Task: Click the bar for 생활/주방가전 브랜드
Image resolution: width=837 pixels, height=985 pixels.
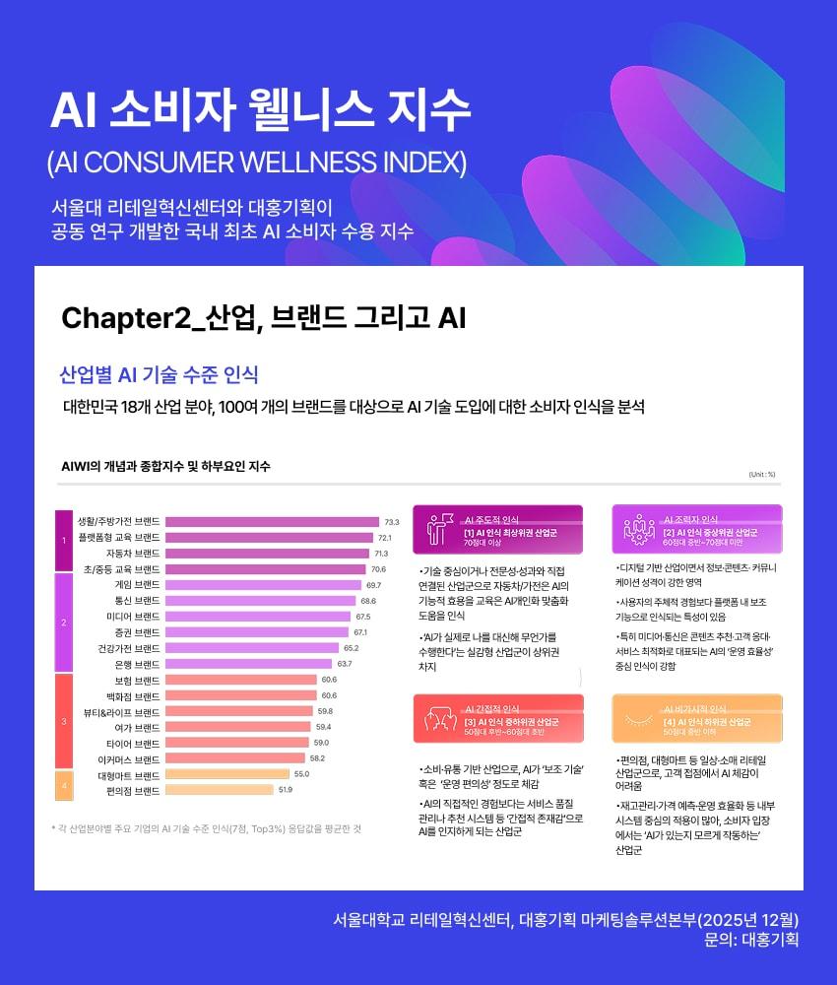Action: (272, 522)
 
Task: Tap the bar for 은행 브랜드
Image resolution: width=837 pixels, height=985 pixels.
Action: (249, 664)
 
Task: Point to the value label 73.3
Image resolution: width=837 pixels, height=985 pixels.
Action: (391, 522)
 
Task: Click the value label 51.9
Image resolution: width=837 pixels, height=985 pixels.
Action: (285, 790)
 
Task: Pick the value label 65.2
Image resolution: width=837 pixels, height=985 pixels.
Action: (351, 648)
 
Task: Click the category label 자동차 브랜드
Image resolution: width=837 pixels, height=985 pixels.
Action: (132, 554)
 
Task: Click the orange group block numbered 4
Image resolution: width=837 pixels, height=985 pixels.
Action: (63, 785)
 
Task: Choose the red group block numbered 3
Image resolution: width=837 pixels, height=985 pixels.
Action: (63, 721)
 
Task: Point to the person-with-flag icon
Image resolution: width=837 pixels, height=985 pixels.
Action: (437, 529)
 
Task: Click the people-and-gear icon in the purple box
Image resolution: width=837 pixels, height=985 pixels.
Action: (639, 529)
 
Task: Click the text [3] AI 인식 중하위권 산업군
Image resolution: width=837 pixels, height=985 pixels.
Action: (510, 722)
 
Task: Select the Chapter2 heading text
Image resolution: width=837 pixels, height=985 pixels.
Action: (263, 318)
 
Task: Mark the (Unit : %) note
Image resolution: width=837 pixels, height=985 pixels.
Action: (762, 474)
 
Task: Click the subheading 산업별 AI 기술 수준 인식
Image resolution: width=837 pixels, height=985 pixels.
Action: (160, 374)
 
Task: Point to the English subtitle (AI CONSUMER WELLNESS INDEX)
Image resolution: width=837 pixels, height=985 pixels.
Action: (257, 161)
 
